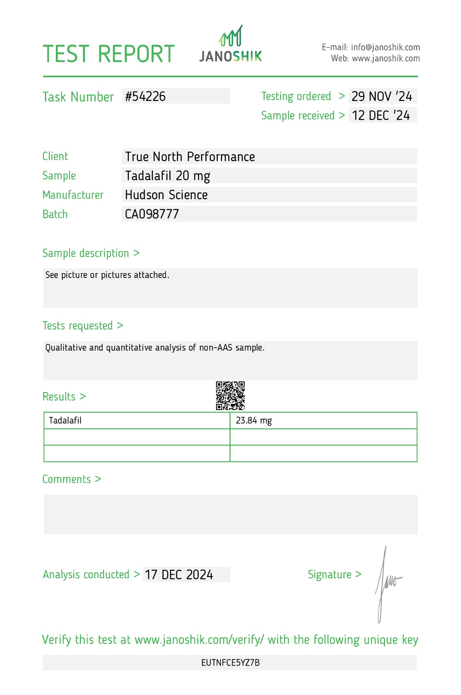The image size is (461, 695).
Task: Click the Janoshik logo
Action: click(230, 45)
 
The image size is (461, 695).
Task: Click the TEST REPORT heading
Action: click(109, 54)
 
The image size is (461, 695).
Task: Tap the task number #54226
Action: click(146, 96)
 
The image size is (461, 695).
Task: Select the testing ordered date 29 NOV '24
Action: click(382, 96)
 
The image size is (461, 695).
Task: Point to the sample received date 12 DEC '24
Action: click(381, 116)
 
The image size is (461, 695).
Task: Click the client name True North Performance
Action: click(190, 157)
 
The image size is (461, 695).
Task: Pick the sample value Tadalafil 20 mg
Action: click(167, 176)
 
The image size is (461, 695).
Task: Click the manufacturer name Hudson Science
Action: click(166, 195)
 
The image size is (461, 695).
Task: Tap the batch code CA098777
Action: click(152, 214)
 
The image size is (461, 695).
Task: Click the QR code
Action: click(230, 396)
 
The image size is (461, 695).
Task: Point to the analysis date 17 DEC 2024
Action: click(179, 575)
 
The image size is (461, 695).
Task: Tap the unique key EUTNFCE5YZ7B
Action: click(230, 663)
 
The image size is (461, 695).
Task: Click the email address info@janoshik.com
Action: click(385, 47)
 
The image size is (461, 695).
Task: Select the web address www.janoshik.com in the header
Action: click(386, 59)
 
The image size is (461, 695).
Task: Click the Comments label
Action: click(67, 479)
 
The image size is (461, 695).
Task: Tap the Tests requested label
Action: click(78, 326)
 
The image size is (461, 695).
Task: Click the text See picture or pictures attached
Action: click(107, 275)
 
